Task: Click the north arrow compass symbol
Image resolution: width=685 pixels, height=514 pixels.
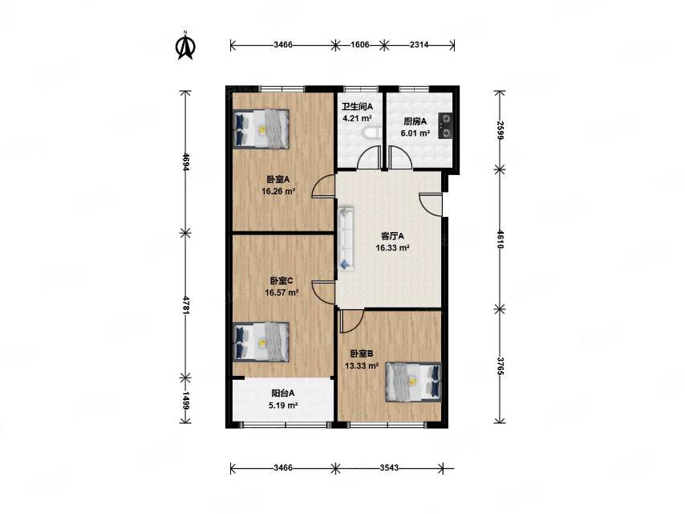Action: pyautogui.click(x=185, y=45)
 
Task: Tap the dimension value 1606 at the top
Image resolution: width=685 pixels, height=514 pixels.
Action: pyautogui.click(x=360, y=45)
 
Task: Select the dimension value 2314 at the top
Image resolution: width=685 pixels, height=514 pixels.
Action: pyautogui.click(x=419, y=45)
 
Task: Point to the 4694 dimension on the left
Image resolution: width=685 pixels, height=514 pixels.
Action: pyautogui.click(x=185, y=161)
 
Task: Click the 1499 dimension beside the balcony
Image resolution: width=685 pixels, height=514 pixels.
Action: pyautogui.click(x=185, y=400)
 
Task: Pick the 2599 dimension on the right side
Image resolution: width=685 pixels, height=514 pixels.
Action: pyautogui.click(x=500, y=130)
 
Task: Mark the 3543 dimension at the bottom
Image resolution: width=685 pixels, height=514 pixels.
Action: pyautogui.click(x=389, y=467)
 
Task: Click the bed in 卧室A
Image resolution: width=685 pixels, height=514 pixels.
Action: pyautogui.click(x=261, y=129)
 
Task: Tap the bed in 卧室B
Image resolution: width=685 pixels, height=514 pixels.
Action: pyautogui.click(x=413, y=381)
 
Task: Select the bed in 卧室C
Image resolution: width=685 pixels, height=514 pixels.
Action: pyautogui.click(x=261, y=342)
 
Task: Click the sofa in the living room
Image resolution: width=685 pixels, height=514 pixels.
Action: pyautogui.click(x=347, y=239)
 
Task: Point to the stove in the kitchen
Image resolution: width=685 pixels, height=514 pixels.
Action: pyautogui.click(x=446, y=126)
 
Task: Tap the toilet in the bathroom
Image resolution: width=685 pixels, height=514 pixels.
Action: pyautogui.click(x=371, y=133)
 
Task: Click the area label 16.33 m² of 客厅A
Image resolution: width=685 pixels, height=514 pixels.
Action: pyautogui.click(x=392, y=248)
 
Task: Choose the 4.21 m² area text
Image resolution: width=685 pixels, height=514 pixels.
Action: pyautogui.click(x=358, y=118)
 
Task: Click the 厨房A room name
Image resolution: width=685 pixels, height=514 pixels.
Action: pyautogui.click(x=415, y=121)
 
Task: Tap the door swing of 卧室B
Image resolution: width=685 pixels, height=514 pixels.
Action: pyautogui.click(x=351, y=320)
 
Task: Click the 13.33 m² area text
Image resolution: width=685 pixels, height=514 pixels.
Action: pyautogui.click(x=362, y=365)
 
